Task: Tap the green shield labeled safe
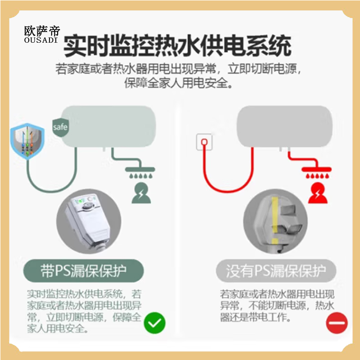pos(60,127)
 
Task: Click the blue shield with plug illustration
pos(27,141)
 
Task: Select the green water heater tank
pos(108,126)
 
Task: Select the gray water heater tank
pos(284,126)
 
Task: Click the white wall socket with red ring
pos(204,142)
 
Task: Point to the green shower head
pos(140,172)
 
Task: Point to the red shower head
pos(316,172)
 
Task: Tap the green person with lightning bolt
pos(141,193)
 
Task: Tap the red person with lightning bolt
pos(318,193)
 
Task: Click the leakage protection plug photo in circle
pos(89,221)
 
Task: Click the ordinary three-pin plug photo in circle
pos(275,221)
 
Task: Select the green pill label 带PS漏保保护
pos(84,271)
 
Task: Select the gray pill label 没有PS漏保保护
pos(276,271)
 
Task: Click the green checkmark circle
pos(154,323)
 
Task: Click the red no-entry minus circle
pos(337,323)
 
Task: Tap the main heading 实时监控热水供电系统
pos(177,46)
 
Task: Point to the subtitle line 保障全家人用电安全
pos(179,83)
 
